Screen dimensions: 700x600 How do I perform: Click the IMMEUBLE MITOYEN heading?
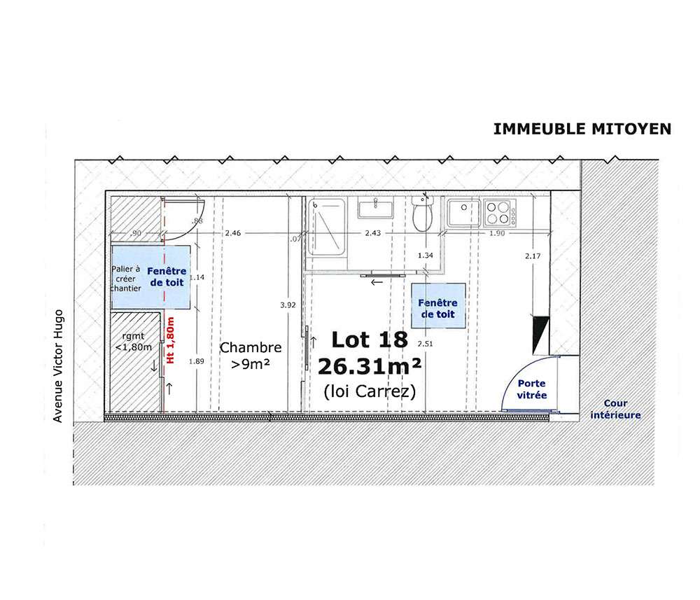(x=582, y=129)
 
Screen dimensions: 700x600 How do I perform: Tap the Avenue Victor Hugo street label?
(x=58, y=366)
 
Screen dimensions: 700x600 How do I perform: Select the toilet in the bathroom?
(x=423, y=214)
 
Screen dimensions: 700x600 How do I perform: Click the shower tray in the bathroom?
(x=326, y=227)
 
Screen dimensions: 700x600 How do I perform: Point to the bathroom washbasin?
(x=375, y=209)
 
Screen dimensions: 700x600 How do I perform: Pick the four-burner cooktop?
(x=500, y=213)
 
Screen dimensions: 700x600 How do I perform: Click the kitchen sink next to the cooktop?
(x=464, y=213)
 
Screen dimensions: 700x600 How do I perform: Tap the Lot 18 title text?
(x=370, y=340)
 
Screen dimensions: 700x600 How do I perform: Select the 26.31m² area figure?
(x=370, y=367)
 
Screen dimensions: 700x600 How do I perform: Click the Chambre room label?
(x=251, y=347)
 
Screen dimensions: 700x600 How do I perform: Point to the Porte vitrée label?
(x=532, y=389)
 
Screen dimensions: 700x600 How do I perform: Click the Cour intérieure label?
(x=615, y=409)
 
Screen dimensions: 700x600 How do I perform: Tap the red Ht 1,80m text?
(x=170, y=340)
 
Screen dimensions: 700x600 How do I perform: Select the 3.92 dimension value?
(x=288, y=305)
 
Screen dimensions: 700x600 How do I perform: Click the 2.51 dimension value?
(x=425, y=344)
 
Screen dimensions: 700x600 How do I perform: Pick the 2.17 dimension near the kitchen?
(x=533, y=256)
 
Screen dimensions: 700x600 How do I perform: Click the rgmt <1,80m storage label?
(x=134, y=342)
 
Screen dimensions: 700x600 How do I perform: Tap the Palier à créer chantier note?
(x=125, y=279)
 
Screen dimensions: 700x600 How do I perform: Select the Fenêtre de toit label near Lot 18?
(x=437, y=309)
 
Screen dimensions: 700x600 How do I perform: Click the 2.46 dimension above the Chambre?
(x=233, y=232)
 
